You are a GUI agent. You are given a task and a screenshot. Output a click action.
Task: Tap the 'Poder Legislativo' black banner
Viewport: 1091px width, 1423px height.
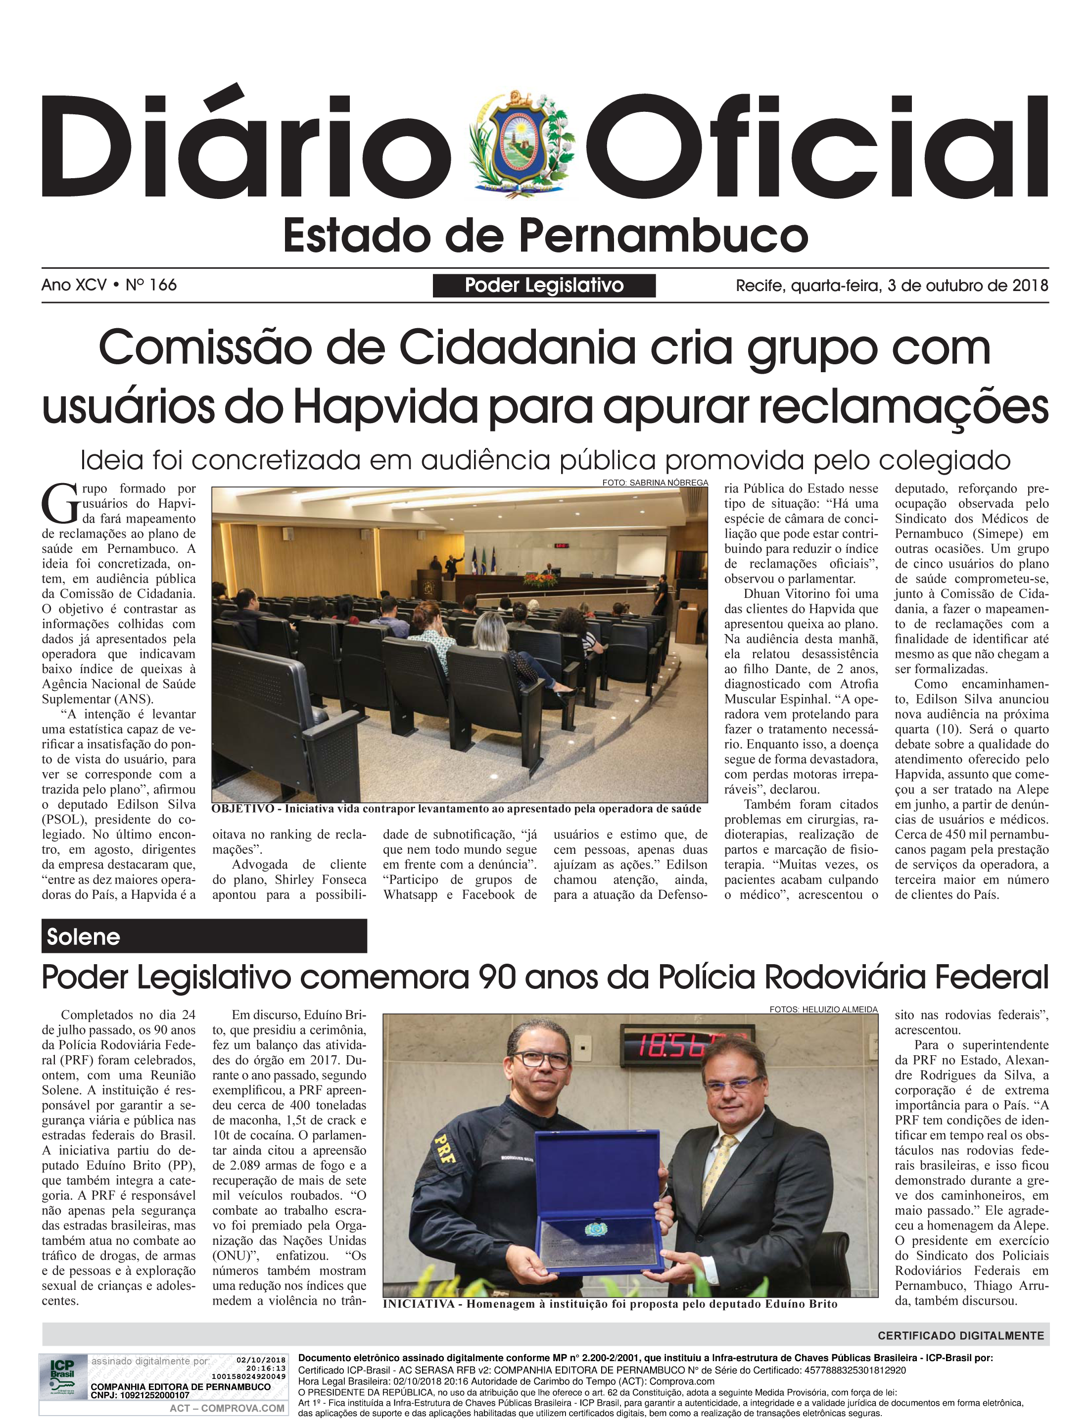click(x=544, y=285)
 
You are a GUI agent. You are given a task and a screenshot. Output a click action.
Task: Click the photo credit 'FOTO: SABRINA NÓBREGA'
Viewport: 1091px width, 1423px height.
click(x=655, y=483)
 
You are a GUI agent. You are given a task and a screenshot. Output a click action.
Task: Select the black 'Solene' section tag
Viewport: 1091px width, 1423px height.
click(x=204, y=936)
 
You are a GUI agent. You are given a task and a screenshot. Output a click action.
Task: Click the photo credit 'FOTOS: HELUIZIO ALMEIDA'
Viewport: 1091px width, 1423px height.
click(x=823, y=1009)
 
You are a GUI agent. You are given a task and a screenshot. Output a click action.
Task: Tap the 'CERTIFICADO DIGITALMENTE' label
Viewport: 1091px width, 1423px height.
click(x=960, y=1335)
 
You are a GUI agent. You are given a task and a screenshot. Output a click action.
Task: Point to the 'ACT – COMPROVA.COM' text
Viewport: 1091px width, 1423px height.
click(x=227, y=1408)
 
